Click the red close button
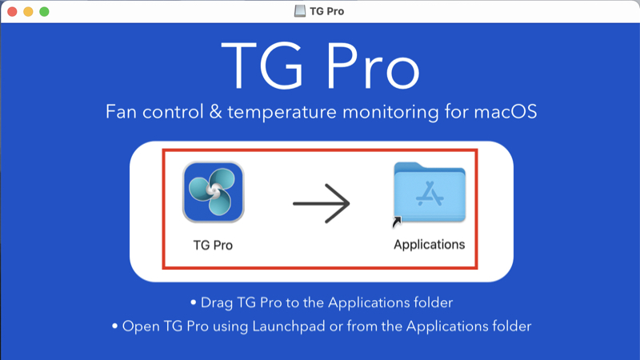(x=12, y=12)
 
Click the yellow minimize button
(x=28, y=12)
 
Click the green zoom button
(x=44, y=12)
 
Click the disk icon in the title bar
(x=299, y=12)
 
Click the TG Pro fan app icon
(x=213, y=192)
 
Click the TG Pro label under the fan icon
(x=213, y=245)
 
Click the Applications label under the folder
(x=429, y=244)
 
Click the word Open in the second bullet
(x=139, y=326)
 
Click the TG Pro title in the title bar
(x=327, y=12)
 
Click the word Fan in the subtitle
(x=121, y=111)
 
